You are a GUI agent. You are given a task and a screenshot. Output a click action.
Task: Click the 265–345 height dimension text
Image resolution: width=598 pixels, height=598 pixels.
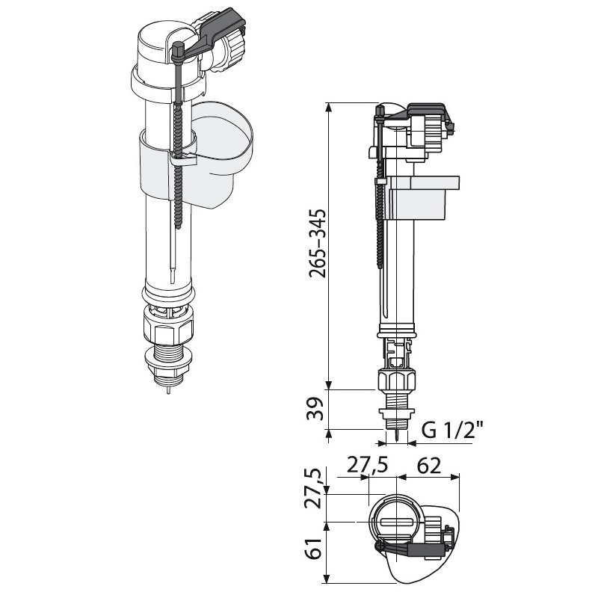coord(317,243)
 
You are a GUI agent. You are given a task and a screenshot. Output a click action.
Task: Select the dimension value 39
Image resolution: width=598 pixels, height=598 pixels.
coord(315,409)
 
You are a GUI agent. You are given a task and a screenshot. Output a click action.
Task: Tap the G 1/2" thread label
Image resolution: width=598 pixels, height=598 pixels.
coord(453,431)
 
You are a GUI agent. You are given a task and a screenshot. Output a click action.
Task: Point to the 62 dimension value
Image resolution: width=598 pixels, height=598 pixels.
coord(428,465)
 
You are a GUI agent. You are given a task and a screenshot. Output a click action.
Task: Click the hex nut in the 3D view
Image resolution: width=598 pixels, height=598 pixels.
coord(168,328)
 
